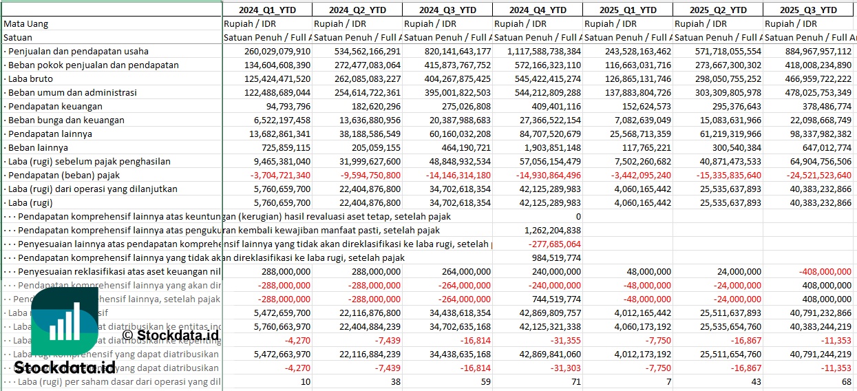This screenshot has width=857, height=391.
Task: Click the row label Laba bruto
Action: point(30,78)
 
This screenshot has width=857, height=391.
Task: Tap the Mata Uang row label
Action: point(26,23)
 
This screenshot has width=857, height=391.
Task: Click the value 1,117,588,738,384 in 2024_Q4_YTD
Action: point(537,51)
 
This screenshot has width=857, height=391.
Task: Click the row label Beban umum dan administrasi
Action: point(72,92)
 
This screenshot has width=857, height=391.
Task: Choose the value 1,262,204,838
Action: point(552,230)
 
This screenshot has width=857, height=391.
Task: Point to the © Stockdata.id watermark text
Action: point(171,335)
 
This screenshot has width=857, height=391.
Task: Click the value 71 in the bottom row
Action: point(575,381)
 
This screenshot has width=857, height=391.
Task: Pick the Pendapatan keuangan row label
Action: point(55,106)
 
